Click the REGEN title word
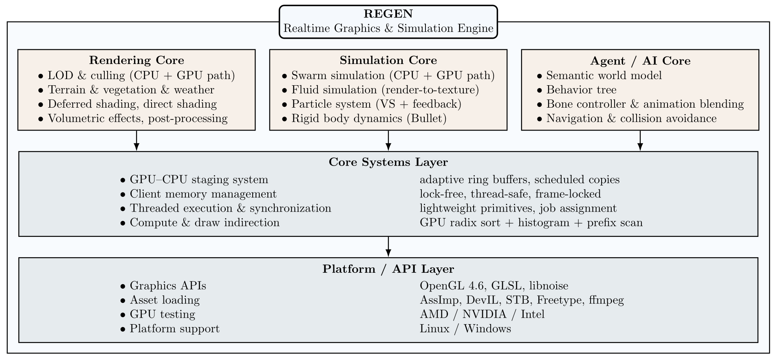388,14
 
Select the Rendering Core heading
137,60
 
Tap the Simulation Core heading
388,60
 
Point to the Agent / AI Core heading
640,61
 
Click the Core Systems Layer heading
388,162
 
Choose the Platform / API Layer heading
388,269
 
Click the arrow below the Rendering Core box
137,141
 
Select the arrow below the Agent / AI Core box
640,141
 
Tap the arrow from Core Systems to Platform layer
388,247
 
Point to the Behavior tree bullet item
581,90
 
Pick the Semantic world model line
604,76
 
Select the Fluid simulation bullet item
385,90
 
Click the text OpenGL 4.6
453,286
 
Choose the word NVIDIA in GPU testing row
484,314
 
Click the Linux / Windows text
465,329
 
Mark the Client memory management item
203,194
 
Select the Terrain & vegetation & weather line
131,90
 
